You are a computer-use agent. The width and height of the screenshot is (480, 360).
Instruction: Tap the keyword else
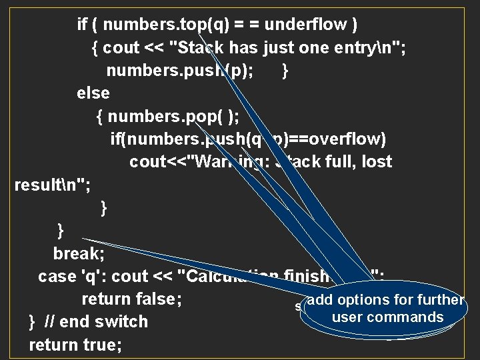pyautogui.click(x=93, y=93)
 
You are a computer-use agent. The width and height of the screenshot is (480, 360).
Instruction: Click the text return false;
pyautogui.click(x=132, y=299)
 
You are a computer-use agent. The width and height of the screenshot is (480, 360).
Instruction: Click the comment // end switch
pyautogui.click(x=96, y=322)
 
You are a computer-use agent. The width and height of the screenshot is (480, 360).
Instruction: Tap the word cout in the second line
pyautogui.click(x=121, y=48)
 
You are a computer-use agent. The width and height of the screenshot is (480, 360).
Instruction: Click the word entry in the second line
pyautogui.click(x=364, y=48)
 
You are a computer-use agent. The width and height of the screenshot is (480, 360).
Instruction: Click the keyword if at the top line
pyautogui.click(x=83, y=25)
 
